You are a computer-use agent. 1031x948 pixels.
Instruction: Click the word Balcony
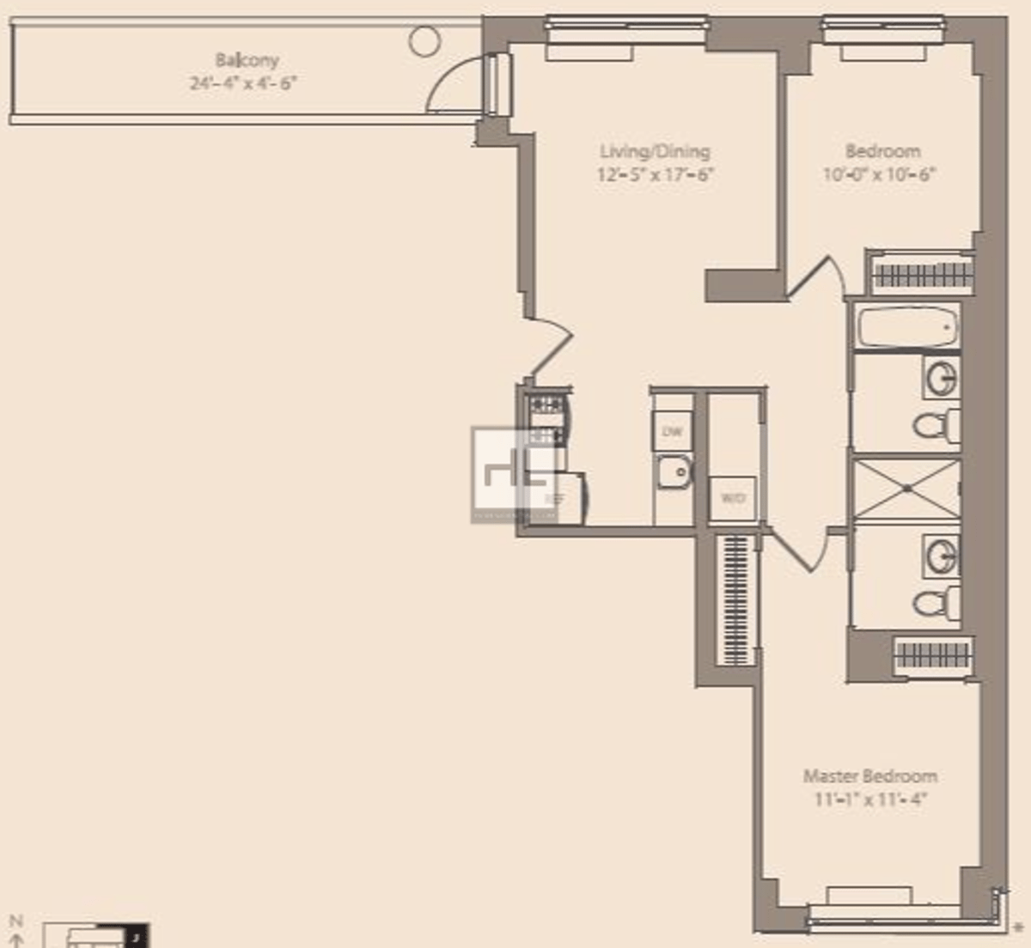click(x=247, y=60)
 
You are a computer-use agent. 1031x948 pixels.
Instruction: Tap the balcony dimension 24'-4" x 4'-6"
click(x=243, y=83)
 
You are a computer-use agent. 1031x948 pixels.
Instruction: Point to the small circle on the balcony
click(x=424, y=40)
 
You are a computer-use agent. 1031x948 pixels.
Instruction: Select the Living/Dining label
click(x=655, y=151)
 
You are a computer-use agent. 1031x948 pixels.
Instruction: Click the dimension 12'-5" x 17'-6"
click(x=656, y=174)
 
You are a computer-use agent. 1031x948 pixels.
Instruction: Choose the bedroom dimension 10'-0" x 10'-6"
click(x=879, y=174)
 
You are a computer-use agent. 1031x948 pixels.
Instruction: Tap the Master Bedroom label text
click(x=869, y=776)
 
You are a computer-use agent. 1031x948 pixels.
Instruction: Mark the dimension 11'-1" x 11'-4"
click(x=869, y=799)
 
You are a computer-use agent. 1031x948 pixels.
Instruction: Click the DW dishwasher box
click(x=672, y=431)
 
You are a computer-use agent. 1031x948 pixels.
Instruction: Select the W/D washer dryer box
click(x=733, y=498)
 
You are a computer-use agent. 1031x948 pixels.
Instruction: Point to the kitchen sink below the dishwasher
click(x=674, y=471)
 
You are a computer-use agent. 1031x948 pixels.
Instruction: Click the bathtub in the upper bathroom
click(x=906, y=327)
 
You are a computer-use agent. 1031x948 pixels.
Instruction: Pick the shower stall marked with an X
click(x=906, y=489)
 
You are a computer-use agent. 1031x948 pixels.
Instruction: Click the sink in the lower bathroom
click(x=942, y=556)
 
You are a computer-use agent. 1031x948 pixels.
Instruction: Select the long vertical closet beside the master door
click(x=735, y=601)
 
